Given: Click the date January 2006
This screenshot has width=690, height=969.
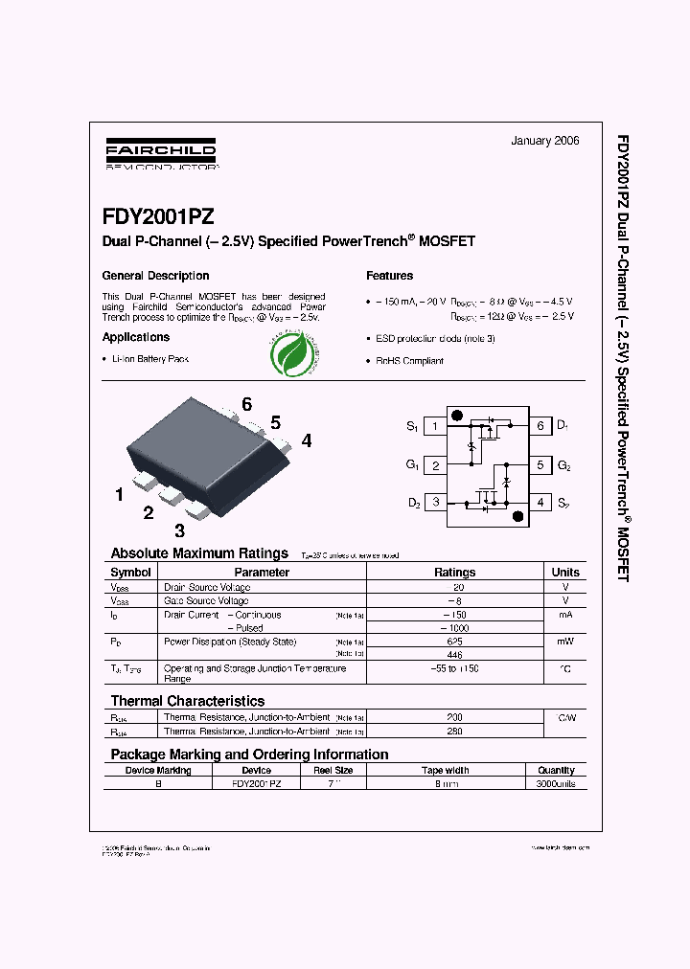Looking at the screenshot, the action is pos(544,141).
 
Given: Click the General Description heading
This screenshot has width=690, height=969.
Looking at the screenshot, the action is pos(155,276).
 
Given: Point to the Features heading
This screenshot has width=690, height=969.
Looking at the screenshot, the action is pos(390,276).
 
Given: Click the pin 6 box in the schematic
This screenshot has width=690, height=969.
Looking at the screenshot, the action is pos(540,426).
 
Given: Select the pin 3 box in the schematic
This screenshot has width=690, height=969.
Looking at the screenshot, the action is pos(435,502).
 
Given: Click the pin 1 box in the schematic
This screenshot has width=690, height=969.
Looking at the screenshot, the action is pos(435,426).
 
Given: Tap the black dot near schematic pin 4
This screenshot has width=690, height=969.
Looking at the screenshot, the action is pos(518,516).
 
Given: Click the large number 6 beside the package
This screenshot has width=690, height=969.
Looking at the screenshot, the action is pos(246,405).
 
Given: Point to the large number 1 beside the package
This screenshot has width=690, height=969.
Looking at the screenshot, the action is pos(119,495).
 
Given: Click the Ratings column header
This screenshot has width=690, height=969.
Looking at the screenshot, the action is pos(454,572).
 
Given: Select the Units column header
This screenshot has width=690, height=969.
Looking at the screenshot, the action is pos(565,572).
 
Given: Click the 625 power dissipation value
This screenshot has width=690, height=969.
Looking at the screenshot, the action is pos(454,642).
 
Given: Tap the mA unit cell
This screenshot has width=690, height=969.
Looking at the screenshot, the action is pos(565,615).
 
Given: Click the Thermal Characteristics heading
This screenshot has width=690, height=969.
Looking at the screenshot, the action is pos(187,701).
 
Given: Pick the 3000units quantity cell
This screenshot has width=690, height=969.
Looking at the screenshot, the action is pos(556,782).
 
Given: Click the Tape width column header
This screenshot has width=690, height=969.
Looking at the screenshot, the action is pos(446,770).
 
